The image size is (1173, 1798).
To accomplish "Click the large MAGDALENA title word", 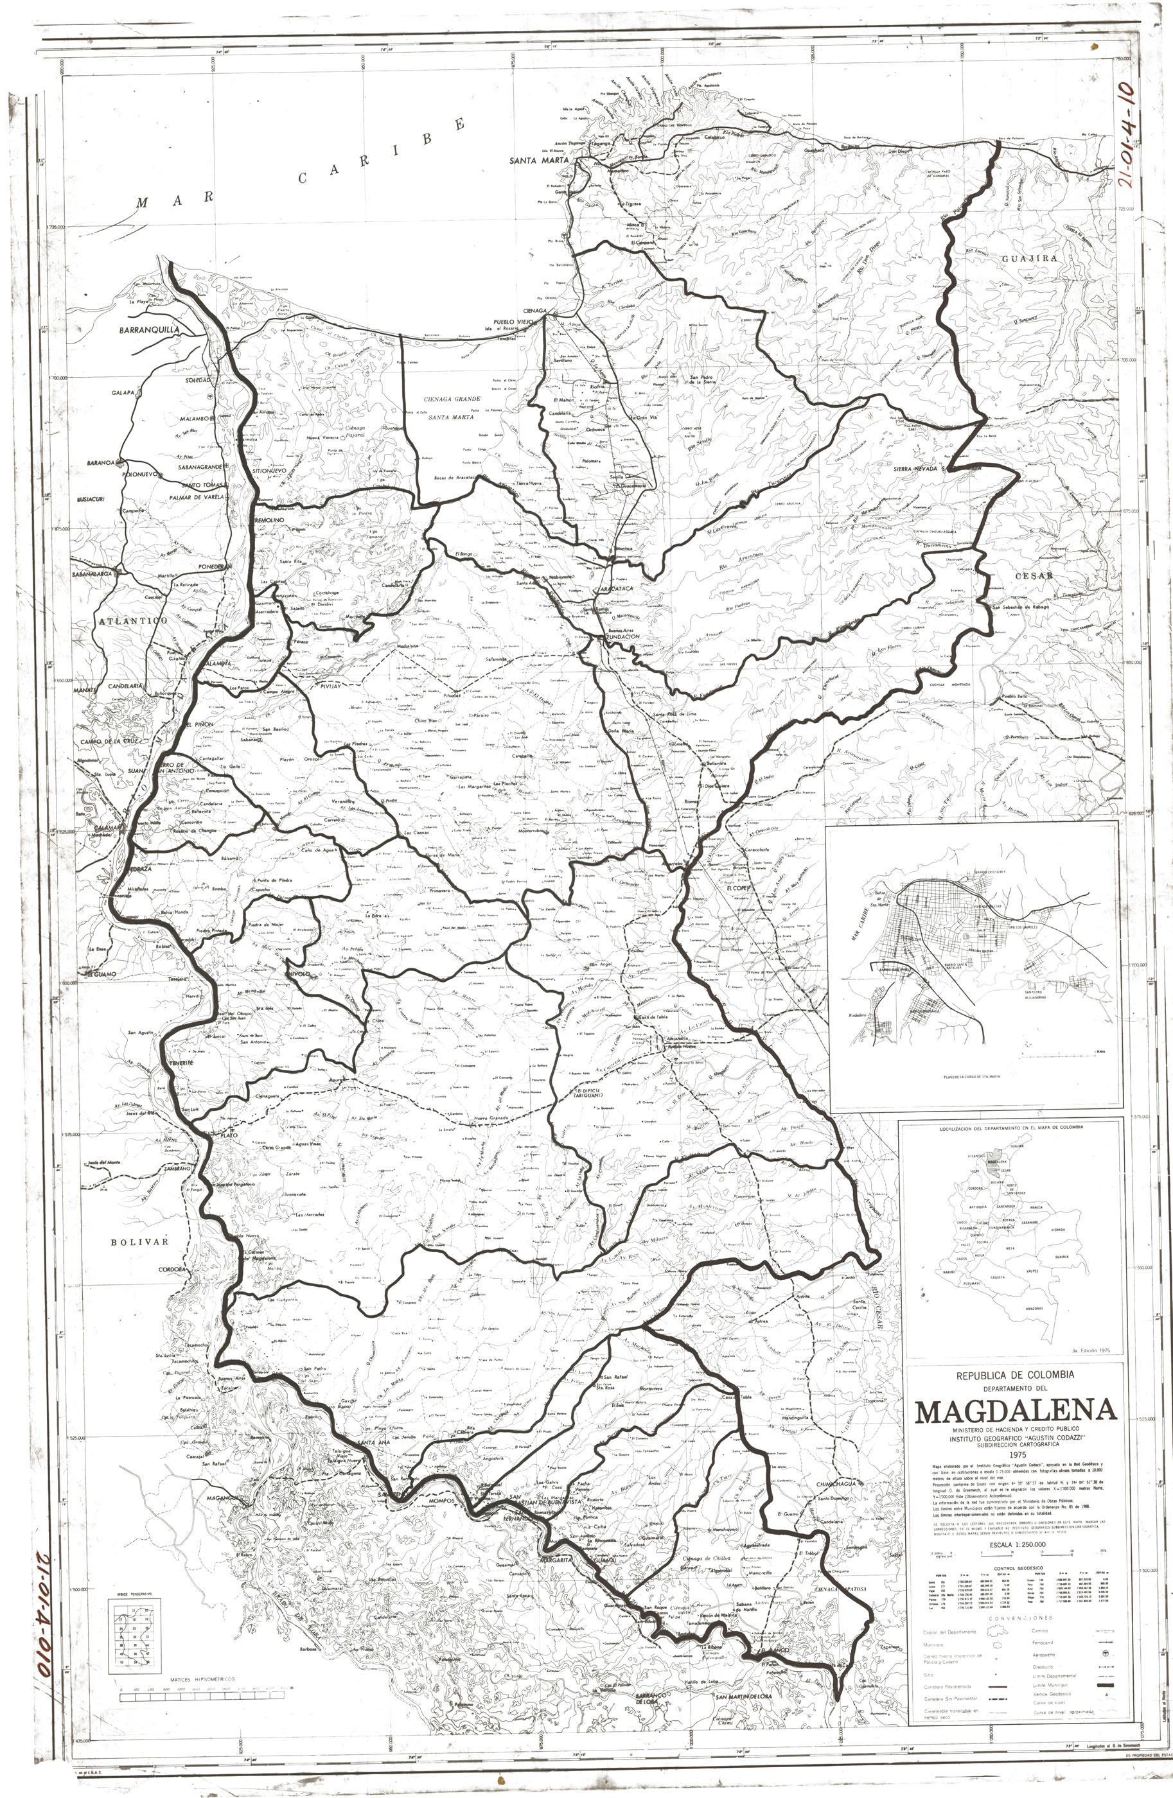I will (x=1015, y=1410).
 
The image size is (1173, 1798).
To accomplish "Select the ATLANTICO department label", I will (x=132, y=620).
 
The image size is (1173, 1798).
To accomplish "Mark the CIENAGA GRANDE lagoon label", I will (x=452, y=398).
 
